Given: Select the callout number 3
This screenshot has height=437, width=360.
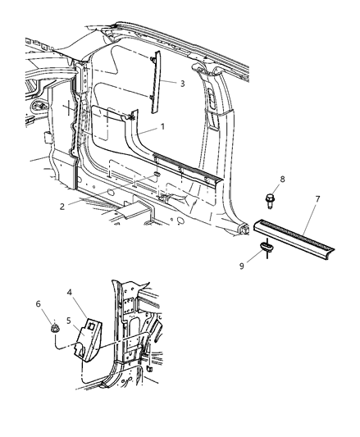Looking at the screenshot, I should click(184, 84).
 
